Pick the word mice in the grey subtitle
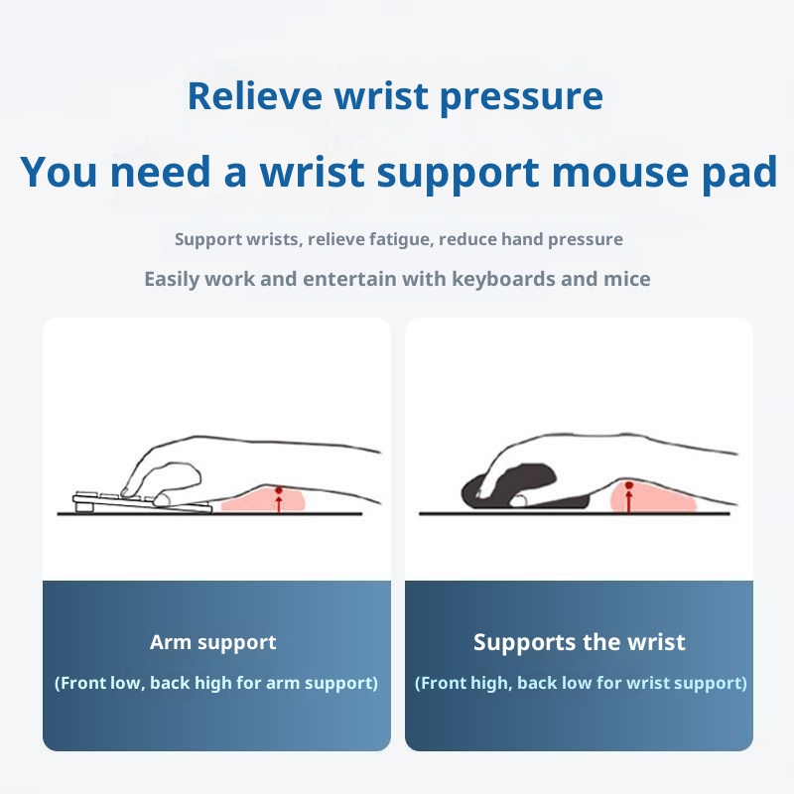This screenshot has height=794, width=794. [x=627, y=279]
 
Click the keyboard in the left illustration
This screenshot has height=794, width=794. [x=139, y=501]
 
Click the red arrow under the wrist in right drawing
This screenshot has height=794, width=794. [x=628, y=501]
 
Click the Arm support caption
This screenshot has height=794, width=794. [x=213, y=642]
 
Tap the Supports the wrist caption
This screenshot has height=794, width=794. [x=579, y=642]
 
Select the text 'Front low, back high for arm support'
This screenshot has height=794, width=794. [x=215, y=683]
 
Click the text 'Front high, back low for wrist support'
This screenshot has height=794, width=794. [x=581, y=683]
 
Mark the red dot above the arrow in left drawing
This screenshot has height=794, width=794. [x=279, y=490]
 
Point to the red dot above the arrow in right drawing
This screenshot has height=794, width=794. [x=628, y=485]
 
